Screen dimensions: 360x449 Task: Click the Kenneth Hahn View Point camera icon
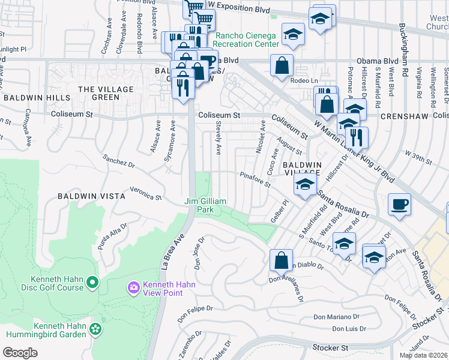(133, 289)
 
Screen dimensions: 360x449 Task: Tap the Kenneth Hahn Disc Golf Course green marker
(92, 281)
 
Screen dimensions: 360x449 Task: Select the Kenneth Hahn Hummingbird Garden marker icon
(95, 328)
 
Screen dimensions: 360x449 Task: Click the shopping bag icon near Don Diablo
(281, 260)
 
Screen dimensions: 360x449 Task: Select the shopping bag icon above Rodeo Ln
(282, 65)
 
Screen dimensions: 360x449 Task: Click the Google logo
(20, 353)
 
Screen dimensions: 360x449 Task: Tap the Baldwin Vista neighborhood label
(91, 196)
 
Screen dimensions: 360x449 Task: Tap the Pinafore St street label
(256, 180)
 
